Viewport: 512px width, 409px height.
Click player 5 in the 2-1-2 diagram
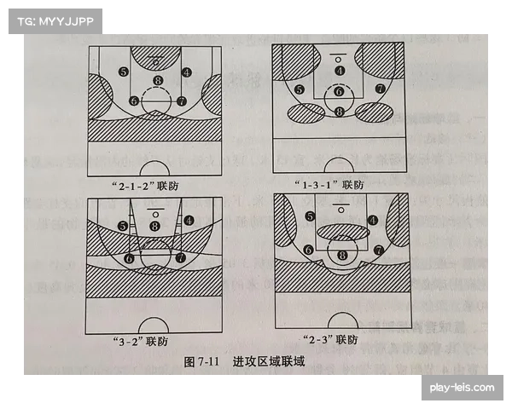click(124, 72)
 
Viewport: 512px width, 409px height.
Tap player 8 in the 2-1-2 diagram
click(156, 81)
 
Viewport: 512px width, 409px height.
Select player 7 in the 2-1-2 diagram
click(181, 101)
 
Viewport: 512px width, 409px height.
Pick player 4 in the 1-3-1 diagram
click(340, 70)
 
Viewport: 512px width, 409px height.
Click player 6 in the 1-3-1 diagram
click(339, 91)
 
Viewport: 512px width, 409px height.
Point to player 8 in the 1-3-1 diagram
click(340, 112)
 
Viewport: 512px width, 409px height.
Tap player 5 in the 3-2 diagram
click(124, 226)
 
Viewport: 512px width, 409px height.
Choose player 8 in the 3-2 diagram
click(154, 226)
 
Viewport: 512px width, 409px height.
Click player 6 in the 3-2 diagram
click(130, 257)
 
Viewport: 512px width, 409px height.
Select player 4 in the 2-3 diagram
click(372, 220)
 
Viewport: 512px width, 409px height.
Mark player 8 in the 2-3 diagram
click(342, 254)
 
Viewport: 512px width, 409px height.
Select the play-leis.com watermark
click(462, 389)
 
